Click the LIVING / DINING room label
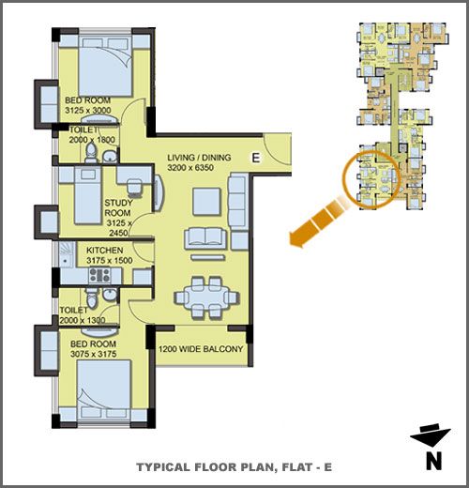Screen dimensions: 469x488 pos(199,158)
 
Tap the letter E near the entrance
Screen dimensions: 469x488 pos(256,158)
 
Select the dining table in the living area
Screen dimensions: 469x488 pos(207,297)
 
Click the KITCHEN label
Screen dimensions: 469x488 pos(104,251)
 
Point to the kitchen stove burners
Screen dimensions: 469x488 pos(99,275)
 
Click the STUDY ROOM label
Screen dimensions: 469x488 pos(118,207)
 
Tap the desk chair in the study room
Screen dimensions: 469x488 pos(134,187)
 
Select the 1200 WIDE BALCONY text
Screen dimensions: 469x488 pos(201,349)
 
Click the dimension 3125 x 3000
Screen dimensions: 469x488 pos(88,110)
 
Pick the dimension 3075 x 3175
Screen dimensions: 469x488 pos(93,354)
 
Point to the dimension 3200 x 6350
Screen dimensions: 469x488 pos(190,167)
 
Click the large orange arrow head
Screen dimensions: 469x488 pos(298,238)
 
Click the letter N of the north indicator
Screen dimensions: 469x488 pos(434,461)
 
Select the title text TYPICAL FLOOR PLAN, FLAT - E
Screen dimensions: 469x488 pos(234,467)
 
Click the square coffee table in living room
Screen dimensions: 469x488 pos(206,202)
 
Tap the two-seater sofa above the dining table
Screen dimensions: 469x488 pos(205,238)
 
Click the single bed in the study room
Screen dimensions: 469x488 pos(88,196)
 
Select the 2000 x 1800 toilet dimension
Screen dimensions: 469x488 pos(92,140)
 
